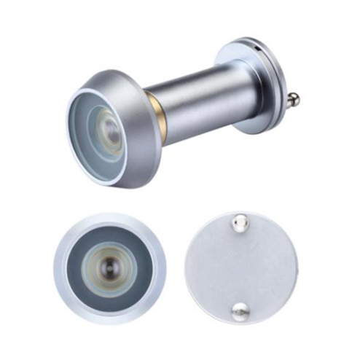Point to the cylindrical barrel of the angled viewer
[x=197, y=102]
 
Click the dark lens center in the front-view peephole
[x=109, y=263]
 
